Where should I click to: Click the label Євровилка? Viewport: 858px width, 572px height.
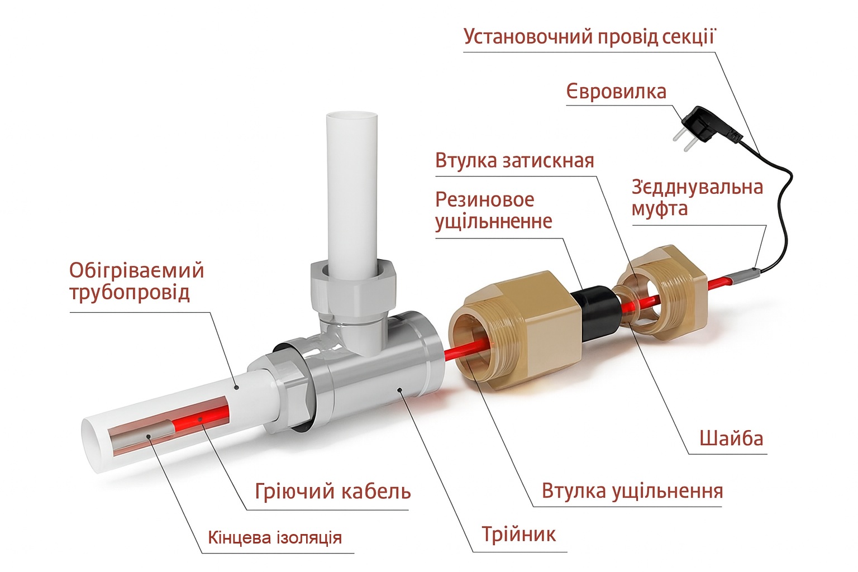[616, 92]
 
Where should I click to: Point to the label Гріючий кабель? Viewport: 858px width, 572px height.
[332, 492]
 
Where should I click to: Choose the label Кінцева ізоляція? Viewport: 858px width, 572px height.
[275, 537]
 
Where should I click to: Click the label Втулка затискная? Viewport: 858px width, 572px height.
[514, 161]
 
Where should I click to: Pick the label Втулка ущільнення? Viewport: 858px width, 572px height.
[632, 492]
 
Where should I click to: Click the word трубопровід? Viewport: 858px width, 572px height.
[130, 293]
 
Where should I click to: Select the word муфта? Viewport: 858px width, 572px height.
[660, 209]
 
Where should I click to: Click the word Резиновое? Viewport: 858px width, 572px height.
[484, 199]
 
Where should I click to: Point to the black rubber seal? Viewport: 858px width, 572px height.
[595, 313]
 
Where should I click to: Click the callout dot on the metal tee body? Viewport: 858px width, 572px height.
[399, 390]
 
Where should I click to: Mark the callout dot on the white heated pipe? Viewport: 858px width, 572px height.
[237, 388]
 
